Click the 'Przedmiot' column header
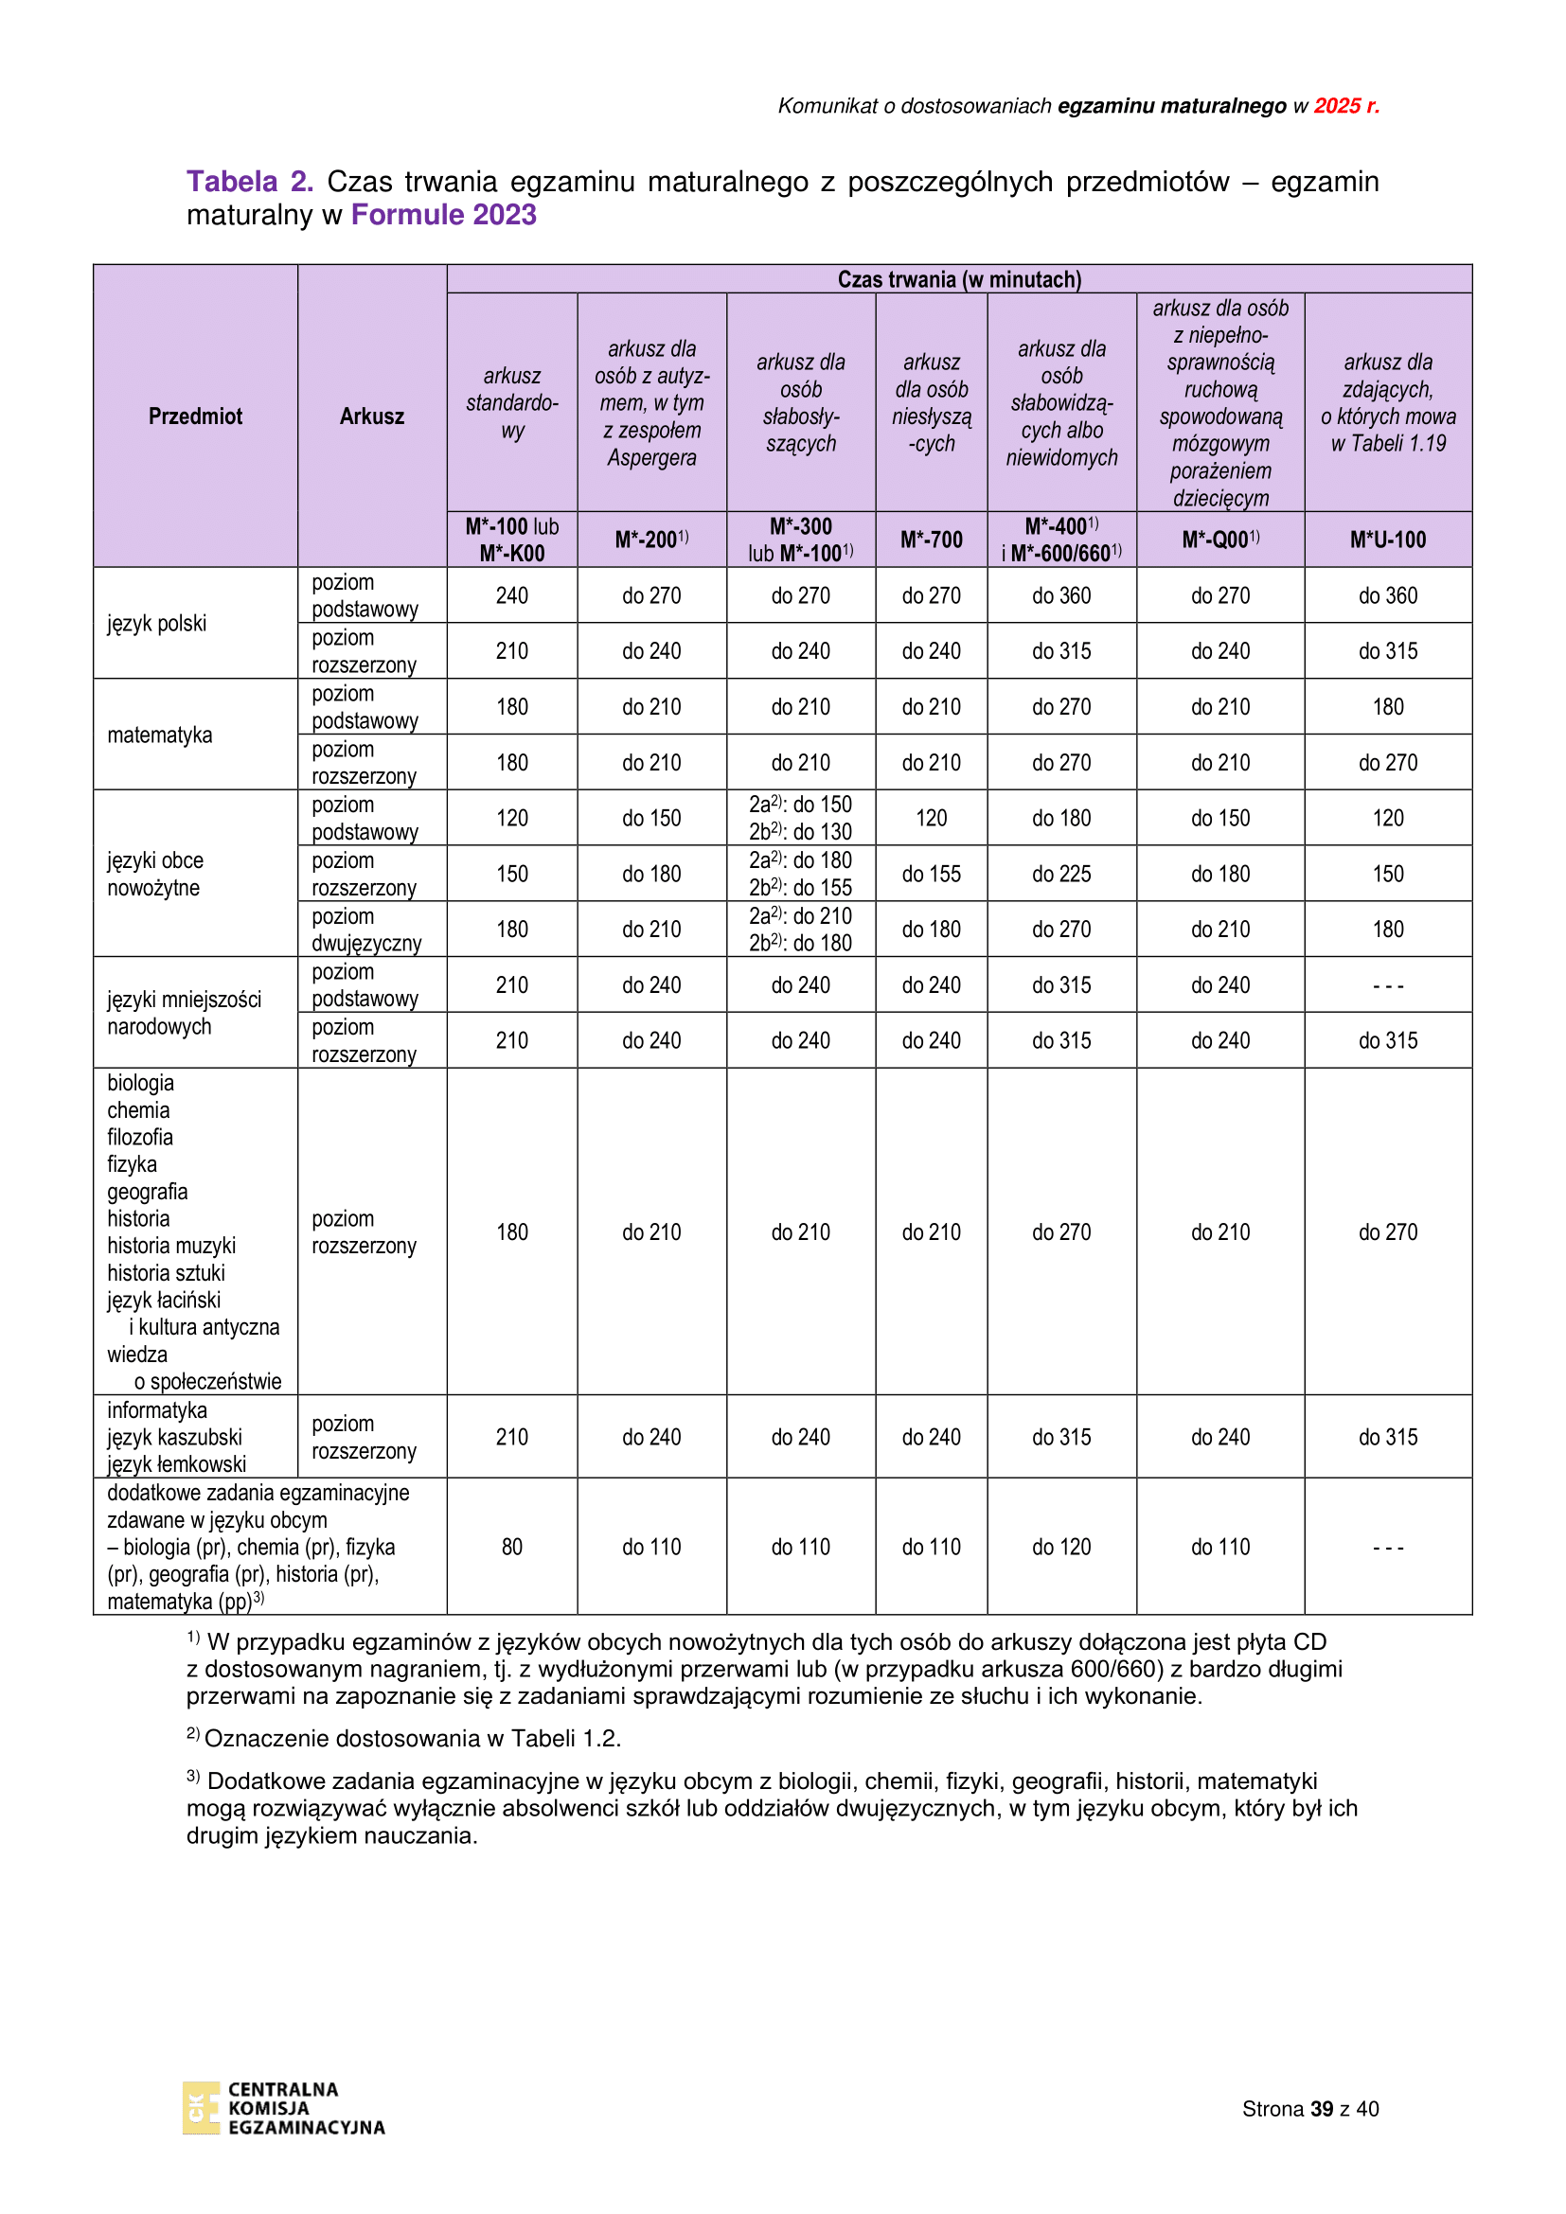[195, 416]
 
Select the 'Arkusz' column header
[371, 416]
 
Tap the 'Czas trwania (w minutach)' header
[958, 279]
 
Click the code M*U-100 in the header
[1388, 540]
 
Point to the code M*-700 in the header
[931, 540]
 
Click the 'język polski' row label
[157, 624]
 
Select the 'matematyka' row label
[160, 735]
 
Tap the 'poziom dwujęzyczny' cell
[366, 930]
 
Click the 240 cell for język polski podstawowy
[512, 596]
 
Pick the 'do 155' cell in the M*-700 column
[931, 874]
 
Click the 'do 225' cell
[1060, 874]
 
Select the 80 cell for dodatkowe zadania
[512, 1547]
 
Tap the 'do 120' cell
[1060, 1547]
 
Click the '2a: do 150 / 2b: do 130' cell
[800, 818]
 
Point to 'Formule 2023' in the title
[443, 215]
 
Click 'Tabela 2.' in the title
[250, 182]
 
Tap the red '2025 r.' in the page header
[1346, 106]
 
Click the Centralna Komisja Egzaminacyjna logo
[283, 2108]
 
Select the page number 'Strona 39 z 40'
[1309, 2109]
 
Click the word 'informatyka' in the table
[157, 1410]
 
